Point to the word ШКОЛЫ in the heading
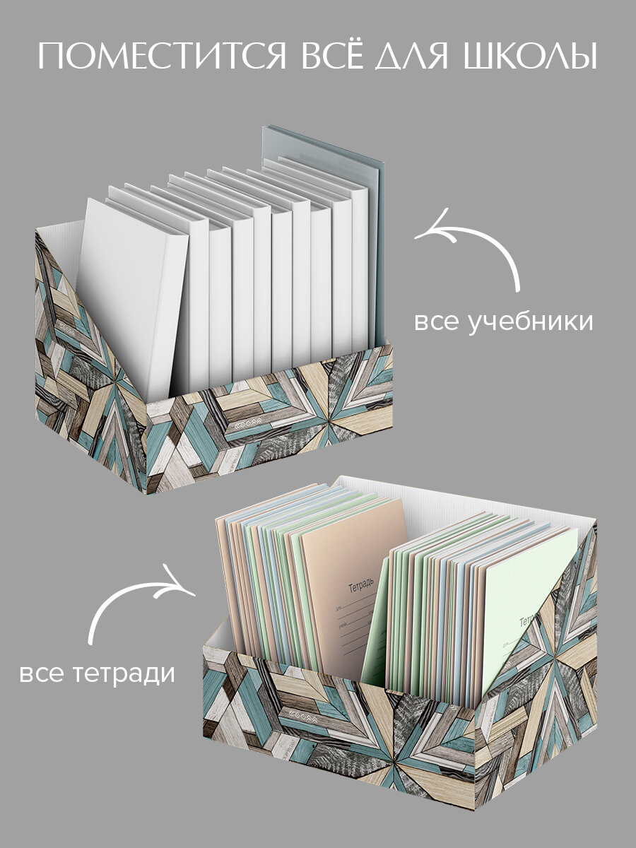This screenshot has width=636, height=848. point(527,56)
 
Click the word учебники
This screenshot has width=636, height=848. point(531,322)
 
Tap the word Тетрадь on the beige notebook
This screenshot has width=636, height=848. point(365,586)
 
